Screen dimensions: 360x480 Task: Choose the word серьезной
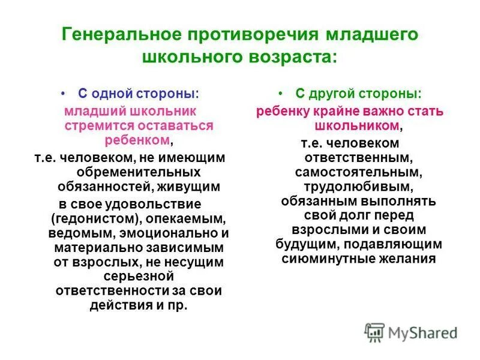(138, 276)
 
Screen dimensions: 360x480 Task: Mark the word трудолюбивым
(361, 187)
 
